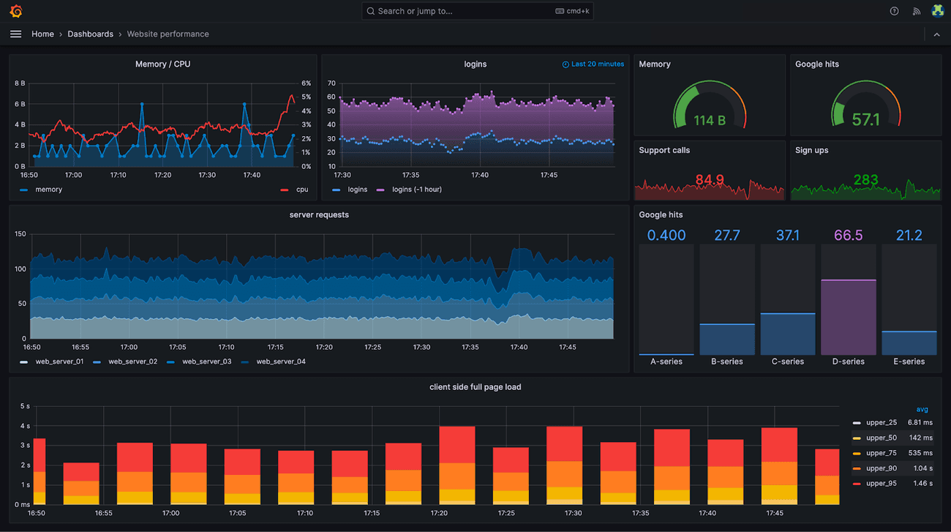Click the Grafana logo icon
pyautogui.click(x=16, y=11)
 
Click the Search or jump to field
pyautogui.click(x=477, y=11)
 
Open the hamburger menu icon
pyautogui.click(x=15, y=34)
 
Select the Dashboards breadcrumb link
pyautogui.click(x=91, y=34)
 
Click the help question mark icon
pyautogui.click(x=894, y=11)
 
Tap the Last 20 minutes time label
pyautogui.click(x=593, y=64)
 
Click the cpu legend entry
pyautogui.click(x=295, y=190)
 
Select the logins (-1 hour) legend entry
pyautogui.click(x=409, y=190)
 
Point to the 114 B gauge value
pyautogui.click(x=710, y=121)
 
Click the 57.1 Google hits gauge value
pyautogui.click(x=865, y=120)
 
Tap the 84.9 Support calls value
pyautogui.click(x=710, y=179)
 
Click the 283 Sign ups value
pyautogui.click(x=865, y=179)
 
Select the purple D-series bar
pyautogui.click(x=849, y=317)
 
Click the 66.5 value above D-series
pyautogui.click(x=849, y=235)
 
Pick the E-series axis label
pyautogui.click(x=909, y=361)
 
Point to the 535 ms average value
pyautogui.click(x=920, y=453)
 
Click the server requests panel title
pyautogui.click(x=319, y=215)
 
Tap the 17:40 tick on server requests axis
pyautogui.click(x=519, y=347)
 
